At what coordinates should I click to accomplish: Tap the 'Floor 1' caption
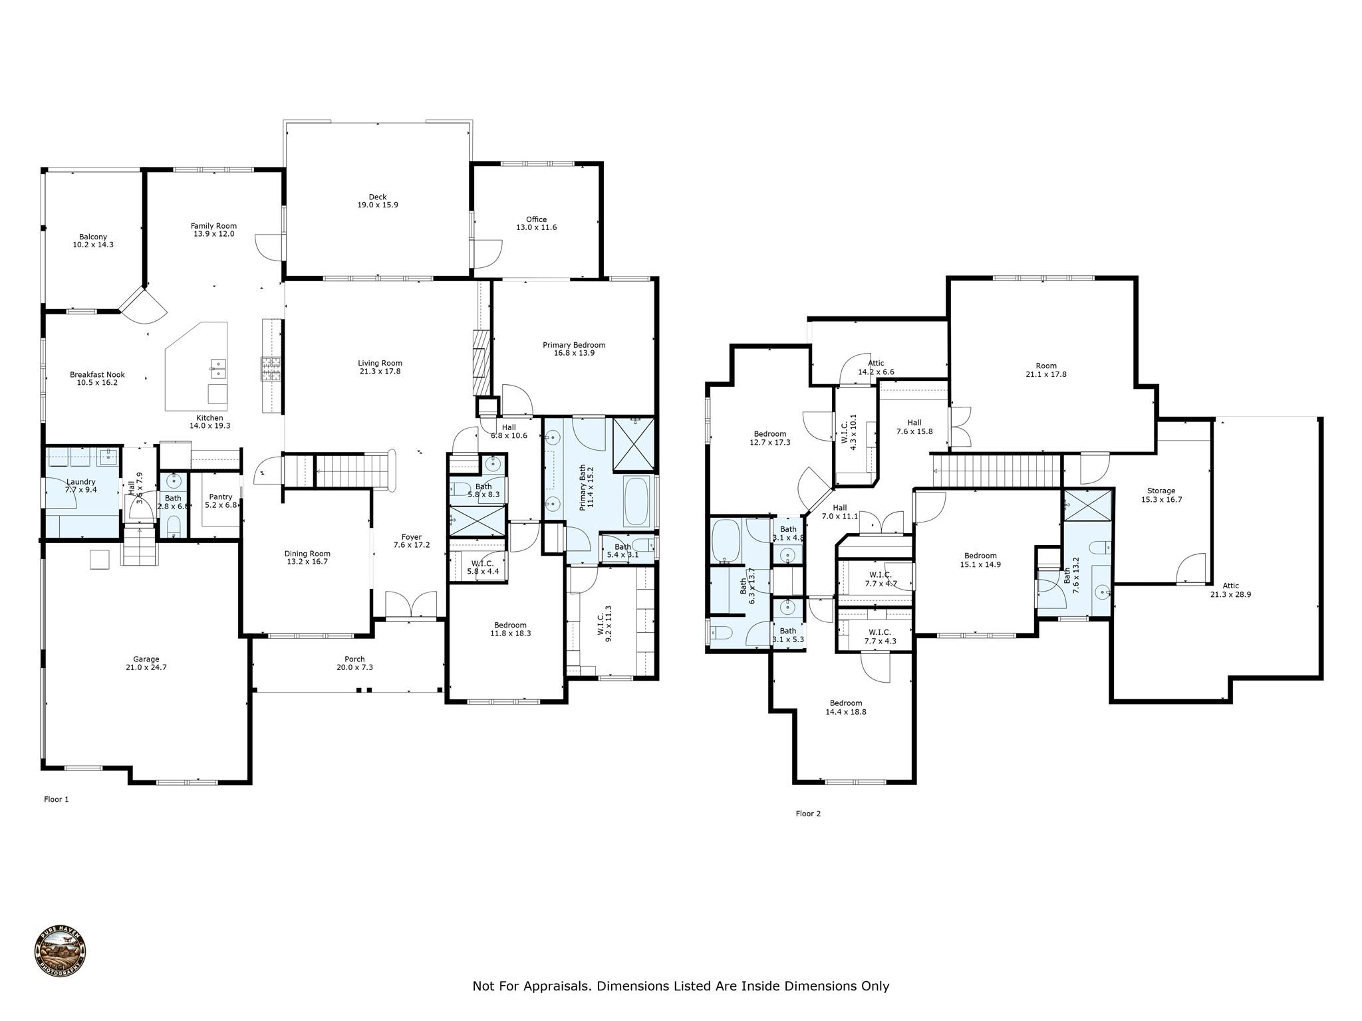[x=57, y=800]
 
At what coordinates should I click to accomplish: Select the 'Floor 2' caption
[x=808, y=814]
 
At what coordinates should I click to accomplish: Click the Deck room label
[x=378, y=201]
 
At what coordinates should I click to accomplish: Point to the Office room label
[x=536, y=223]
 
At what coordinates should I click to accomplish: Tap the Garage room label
[x=146, y=663]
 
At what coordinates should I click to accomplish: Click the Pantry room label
[x=221, y=501]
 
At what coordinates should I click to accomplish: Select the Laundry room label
[x=81, y=486]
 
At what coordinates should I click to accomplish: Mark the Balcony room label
[x=93, y=241]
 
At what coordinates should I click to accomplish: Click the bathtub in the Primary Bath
[x=637, y=502]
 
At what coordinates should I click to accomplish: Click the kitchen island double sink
[x=217, y=368]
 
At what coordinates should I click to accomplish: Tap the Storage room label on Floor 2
[x=1161, y=495]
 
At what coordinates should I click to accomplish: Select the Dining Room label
[x=307, y=558]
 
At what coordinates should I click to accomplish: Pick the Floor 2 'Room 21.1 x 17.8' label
[x=1046, y=370]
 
